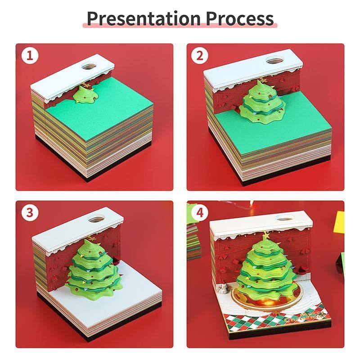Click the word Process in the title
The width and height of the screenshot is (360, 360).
240,18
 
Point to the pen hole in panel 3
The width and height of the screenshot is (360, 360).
95,219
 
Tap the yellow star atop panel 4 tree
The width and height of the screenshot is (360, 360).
265,235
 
